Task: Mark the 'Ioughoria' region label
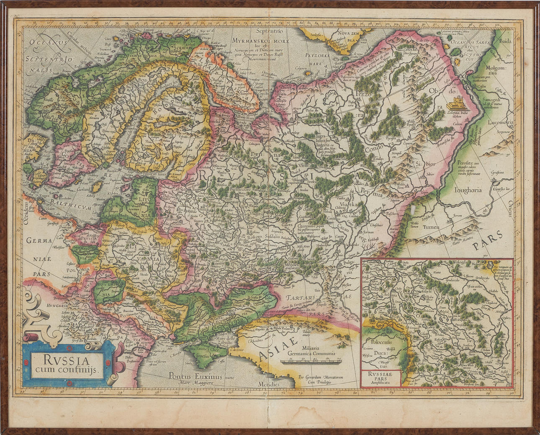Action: click(468, 190)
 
